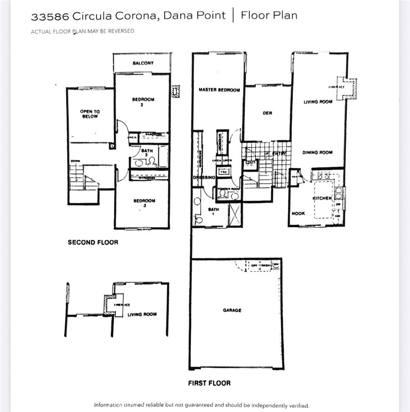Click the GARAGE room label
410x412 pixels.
point(232,310)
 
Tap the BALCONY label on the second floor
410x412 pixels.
point(143,63)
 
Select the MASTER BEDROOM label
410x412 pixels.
point(219,90)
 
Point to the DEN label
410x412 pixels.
point(267,113)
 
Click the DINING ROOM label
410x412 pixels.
point(317,153)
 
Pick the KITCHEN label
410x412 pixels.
point(322,198)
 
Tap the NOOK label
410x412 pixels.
point(298,214)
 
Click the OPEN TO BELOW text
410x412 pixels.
point(90,114)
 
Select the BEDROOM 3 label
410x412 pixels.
point(144,203)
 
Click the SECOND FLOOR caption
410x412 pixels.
point(93,242)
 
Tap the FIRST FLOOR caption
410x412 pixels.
point(209,383)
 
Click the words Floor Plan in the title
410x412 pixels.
point(269,16)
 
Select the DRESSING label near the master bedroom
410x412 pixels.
point(204,178)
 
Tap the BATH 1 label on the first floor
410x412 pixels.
point(214,212)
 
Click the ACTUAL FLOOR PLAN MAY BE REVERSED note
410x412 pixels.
point(83,31)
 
